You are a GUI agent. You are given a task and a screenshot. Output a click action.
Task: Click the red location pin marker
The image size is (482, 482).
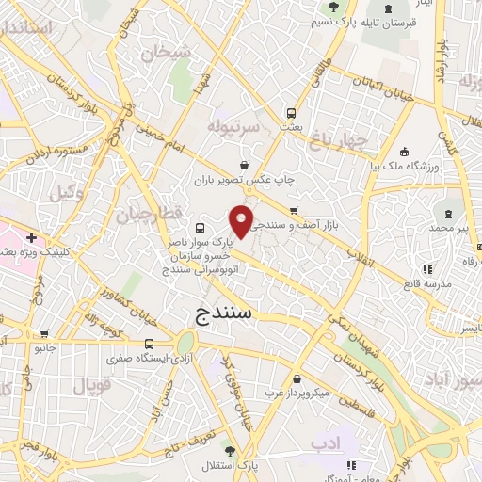click(242, 220)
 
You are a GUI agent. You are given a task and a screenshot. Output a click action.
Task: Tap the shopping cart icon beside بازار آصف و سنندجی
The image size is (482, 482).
click(295, 210)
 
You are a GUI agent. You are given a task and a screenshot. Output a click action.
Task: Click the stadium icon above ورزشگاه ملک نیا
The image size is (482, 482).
click(404, 151)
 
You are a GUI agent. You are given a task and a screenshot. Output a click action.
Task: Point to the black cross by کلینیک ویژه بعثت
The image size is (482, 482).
click(32, 238)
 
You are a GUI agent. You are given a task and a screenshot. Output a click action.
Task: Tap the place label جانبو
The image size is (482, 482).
click(44, 347)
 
